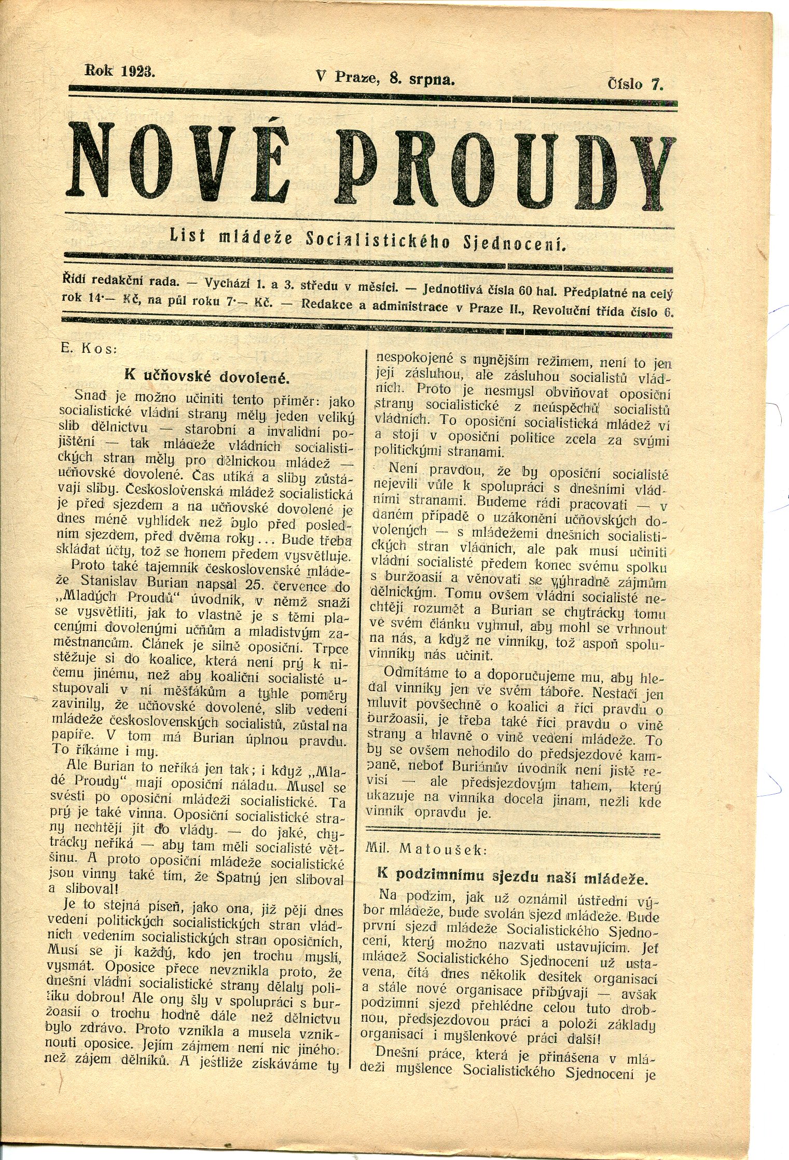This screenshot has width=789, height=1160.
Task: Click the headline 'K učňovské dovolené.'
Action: (206, 375)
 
